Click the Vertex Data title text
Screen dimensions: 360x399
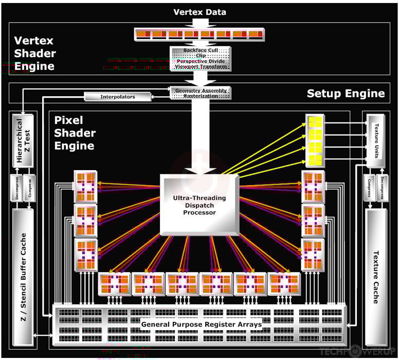pyautogui.click(x=199, y=12)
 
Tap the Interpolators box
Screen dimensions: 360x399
pyautogui.click(x=117, y=96)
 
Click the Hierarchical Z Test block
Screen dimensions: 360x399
pyautogui.click(x=23, y=140)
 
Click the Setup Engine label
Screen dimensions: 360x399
pyautogui.click(x=346, y=93)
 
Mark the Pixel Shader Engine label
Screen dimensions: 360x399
pyautogui.click(x=75, y=133)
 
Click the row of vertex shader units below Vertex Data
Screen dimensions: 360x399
pyautogui.click(x=199, y=34)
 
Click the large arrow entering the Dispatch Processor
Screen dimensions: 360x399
pyautogui.click(x=200, y=139)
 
